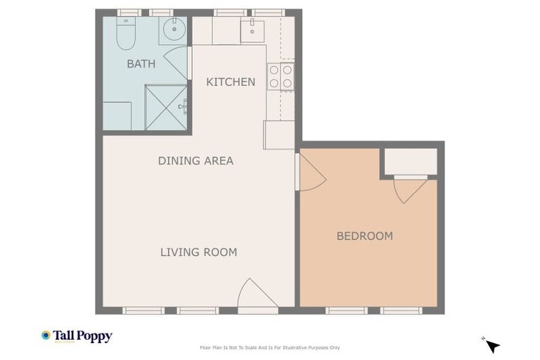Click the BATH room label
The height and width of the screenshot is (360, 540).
click(x=141, y=64)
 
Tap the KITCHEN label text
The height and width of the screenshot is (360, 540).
click(x=231, y=82)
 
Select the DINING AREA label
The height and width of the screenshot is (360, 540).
click(x=195, y=161)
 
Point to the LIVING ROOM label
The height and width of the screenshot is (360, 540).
click(x=198, y=252)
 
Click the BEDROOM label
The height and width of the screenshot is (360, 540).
click(x=364, y=236)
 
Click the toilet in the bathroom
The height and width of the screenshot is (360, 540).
click(x=126, y=34)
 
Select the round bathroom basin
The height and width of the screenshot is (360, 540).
click(x=173, y=30)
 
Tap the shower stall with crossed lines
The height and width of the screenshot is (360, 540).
click(x=167, y=108)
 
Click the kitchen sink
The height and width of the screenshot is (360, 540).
click(x=252, y=30)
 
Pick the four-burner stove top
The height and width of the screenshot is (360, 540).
click(x=281, y=77)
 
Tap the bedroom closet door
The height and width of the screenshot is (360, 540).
click(x=410, y=188)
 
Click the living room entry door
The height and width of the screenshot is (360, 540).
click(x=256, y=295)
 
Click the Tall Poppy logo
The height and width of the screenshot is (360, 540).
click(x=77, y=336)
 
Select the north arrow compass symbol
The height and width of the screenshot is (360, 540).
click(x=492, y=345)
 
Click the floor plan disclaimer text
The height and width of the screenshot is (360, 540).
click(x=270, y=347)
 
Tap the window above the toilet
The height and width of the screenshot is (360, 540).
click(x=129, y=13)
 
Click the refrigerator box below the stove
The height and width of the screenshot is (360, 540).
click(x=279, y=135)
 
